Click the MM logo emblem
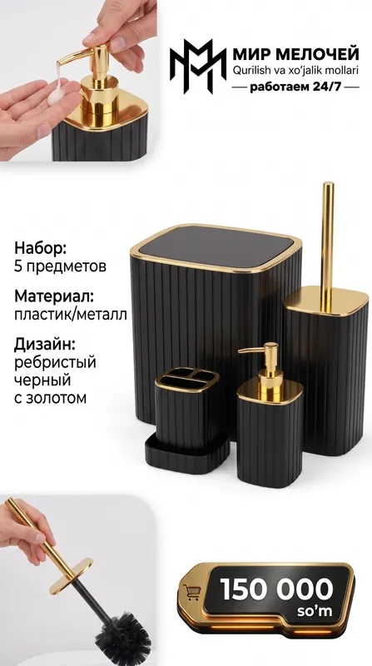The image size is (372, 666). pyautogui.click(x=198, y=65)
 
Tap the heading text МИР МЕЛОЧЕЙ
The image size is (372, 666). pyautogui.click(x=296, y=55)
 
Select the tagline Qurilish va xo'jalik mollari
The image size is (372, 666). pyautogui.click(x=295, y=71)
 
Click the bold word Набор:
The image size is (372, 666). pyautogui.click(x=40, y=248)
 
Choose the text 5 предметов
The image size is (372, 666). pyautogui.click(x=60, y=266)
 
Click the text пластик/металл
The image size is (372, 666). pyautogui.click(x=71, y=315)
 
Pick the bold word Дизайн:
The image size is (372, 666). pyautogui.click(x=45, y=345)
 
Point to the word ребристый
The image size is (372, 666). pyautogui.click(x=55, y=363)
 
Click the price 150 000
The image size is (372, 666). pyautogui.click(x=276, y=589)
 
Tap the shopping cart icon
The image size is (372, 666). pyautogui.click(x=192, y=592)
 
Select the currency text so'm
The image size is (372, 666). pyautogui.click(x=315, y=612)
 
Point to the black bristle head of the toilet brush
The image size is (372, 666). pyautogui.click(x=122, y=637)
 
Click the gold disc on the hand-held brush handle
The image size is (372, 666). pyautogui.click(x=71, y=576)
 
